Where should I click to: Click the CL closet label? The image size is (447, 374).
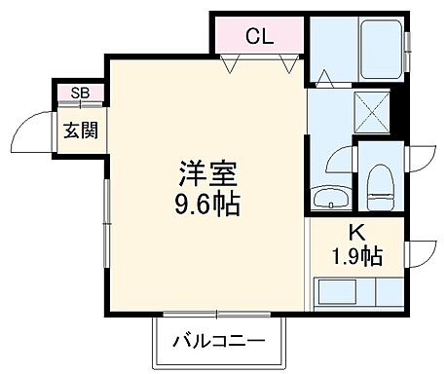pyautogui.click(x=259, y=37)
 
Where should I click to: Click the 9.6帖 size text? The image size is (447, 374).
pyautogui.click(x=205, y=206)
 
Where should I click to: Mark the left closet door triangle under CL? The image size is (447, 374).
pyautogui.click(x=230, y=66)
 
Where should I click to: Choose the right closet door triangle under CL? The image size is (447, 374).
pyautogui.click(x=285, y=66)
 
